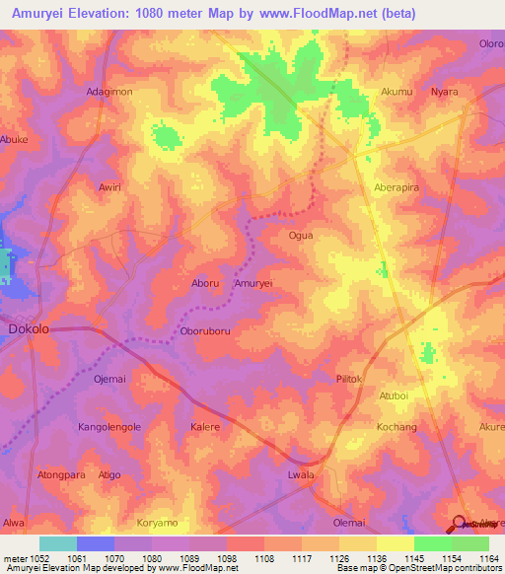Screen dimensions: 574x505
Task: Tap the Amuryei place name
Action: [252, 283]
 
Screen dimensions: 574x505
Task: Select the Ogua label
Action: [300, 236]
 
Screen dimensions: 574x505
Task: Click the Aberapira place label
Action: [397, 186]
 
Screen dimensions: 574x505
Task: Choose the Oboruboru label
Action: [205, 331]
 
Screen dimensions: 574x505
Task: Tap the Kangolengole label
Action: [109, 427]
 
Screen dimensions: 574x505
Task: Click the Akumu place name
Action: [397, 92]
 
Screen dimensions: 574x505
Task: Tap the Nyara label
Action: [445, 92]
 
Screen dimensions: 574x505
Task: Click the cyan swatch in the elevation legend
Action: [58, 543]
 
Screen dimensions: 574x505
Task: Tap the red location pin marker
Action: [461, 524]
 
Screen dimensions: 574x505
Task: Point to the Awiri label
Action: [109, 186]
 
